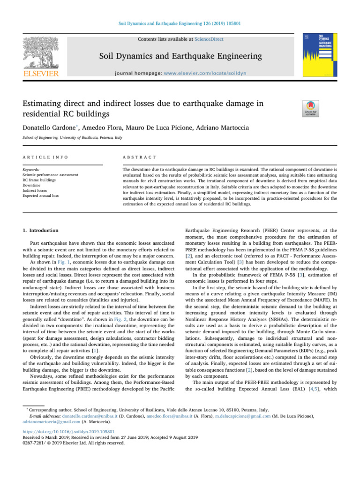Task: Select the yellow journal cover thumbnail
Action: point(321,55)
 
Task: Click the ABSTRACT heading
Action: point(136,159)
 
